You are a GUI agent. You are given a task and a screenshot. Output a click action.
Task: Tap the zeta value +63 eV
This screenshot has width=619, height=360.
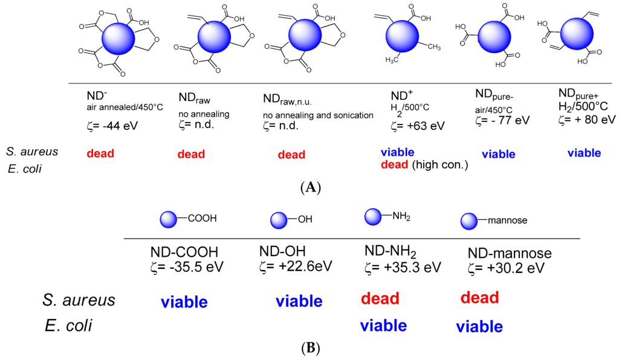coord(418,126)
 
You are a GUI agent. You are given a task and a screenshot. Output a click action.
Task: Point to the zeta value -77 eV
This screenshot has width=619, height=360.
coord(502,120)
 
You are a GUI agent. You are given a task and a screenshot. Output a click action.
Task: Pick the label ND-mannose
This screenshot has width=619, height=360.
coord(508,254)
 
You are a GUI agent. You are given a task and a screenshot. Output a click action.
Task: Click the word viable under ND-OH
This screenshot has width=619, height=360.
coord(299,301)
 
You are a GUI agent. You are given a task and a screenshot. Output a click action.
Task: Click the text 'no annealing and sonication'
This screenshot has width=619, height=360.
coord(318,115)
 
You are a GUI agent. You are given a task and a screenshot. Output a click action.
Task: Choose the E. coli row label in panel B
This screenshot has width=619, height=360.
coord(68,326)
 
